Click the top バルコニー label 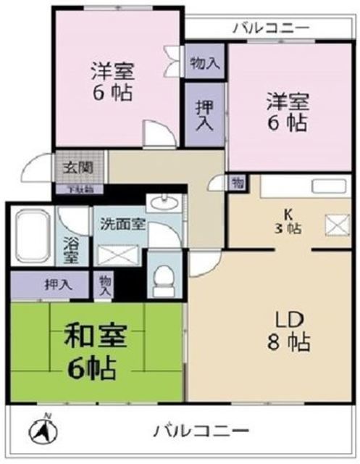pos(271,29)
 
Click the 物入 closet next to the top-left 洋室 pos(204,64)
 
